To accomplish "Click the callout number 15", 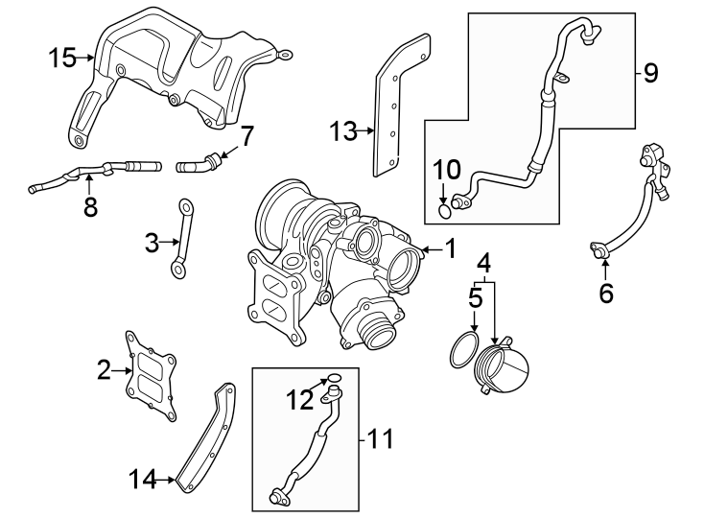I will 62,59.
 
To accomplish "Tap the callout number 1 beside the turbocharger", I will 449,250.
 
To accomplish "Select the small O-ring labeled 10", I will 442,211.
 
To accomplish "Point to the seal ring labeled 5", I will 464,350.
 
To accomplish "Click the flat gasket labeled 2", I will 151,374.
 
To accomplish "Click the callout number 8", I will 90,206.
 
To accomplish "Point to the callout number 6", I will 605,292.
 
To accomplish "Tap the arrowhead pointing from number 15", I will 92,59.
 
